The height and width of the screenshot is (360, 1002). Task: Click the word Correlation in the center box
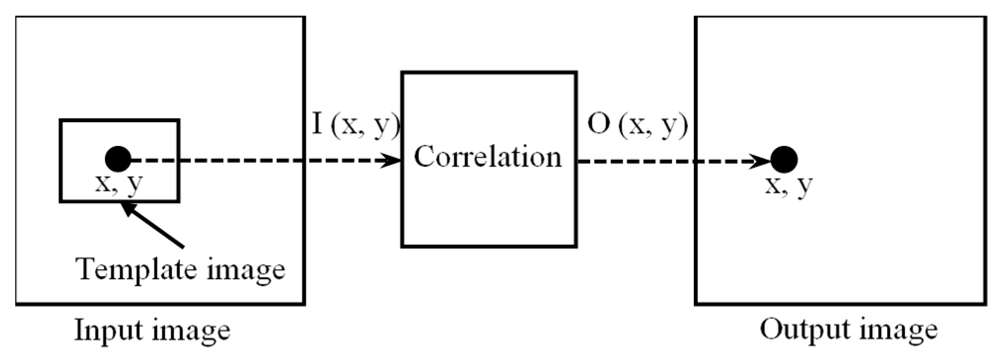pos(488,157)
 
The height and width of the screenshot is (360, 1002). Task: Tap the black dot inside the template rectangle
pos(118,159)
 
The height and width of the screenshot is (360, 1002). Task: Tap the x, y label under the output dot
pos(788,186)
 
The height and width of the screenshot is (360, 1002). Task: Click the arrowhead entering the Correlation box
pos(393,160)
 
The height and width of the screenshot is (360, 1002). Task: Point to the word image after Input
pos(191,331)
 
